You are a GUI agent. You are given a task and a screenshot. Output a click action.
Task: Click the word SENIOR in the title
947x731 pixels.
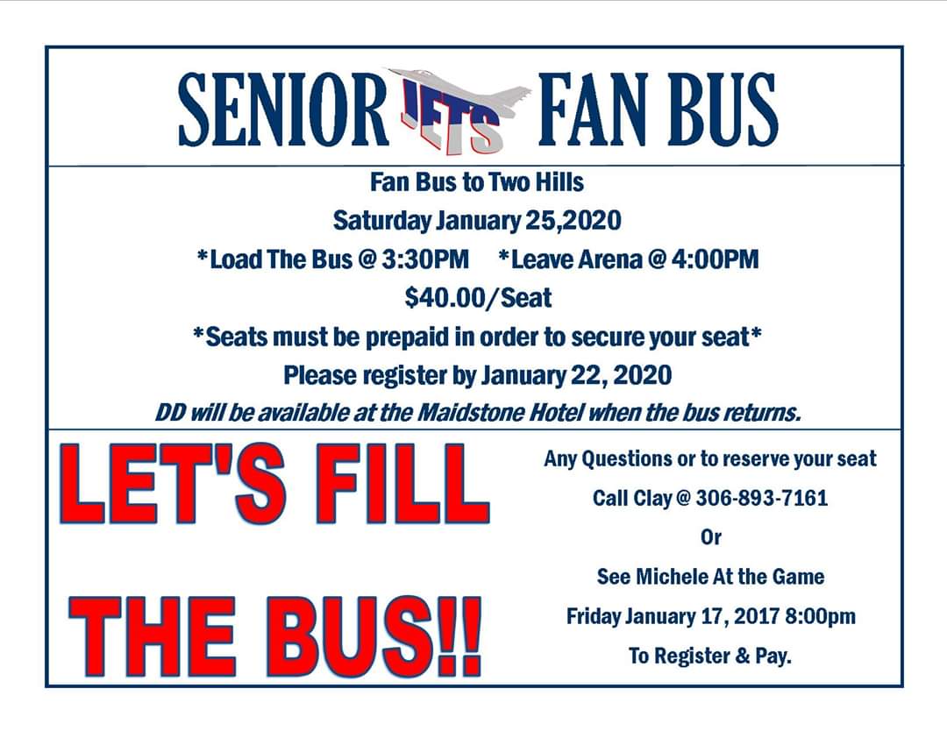[282, 110]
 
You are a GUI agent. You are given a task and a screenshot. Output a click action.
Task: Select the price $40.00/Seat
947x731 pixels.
[478, 298]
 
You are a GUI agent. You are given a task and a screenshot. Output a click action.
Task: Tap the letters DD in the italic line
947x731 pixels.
[169, 413]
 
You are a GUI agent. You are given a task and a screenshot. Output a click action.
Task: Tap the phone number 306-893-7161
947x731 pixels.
[761, 499]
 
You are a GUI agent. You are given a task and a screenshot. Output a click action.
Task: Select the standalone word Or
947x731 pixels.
[710, 537]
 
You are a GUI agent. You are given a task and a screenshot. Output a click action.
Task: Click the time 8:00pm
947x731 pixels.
[819, 615]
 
